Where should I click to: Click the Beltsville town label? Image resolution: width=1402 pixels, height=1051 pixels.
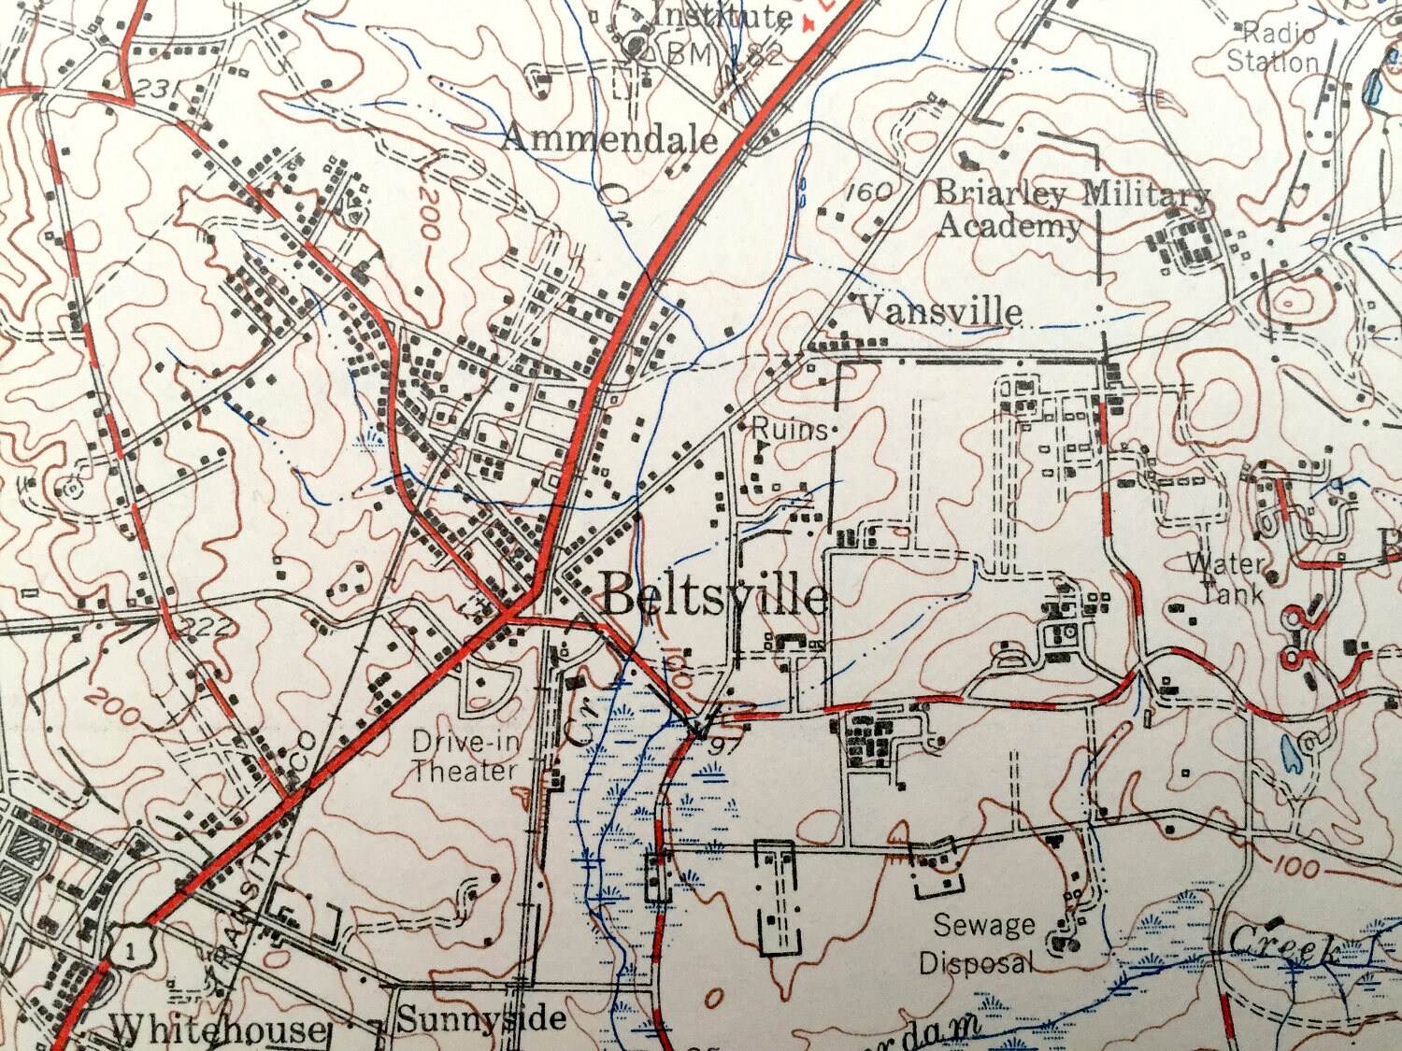click(713, 594)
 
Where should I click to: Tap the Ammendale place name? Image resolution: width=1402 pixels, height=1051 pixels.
click(610, 139)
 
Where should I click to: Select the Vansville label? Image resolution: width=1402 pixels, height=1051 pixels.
click(939, 310)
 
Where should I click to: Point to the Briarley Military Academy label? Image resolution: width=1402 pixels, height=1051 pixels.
click(1072, 209)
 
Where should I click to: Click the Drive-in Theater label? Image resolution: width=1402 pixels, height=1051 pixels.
click(465, 756)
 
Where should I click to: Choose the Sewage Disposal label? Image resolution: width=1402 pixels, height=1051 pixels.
click(980, 944)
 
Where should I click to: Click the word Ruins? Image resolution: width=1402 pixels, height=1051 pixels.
click(791, 429)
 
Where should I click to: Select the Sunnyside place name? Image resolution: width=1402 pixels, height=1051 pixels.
click(481, 1018)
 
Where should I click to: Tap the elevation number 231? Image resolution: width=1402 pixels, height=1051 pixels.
click(156, 90)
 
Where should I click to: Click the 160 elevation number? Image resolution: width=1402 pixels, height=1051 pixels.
click(868, 192)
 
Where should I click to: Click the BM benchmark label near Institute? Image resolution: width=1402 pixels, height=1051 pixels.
click(690, 54)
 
